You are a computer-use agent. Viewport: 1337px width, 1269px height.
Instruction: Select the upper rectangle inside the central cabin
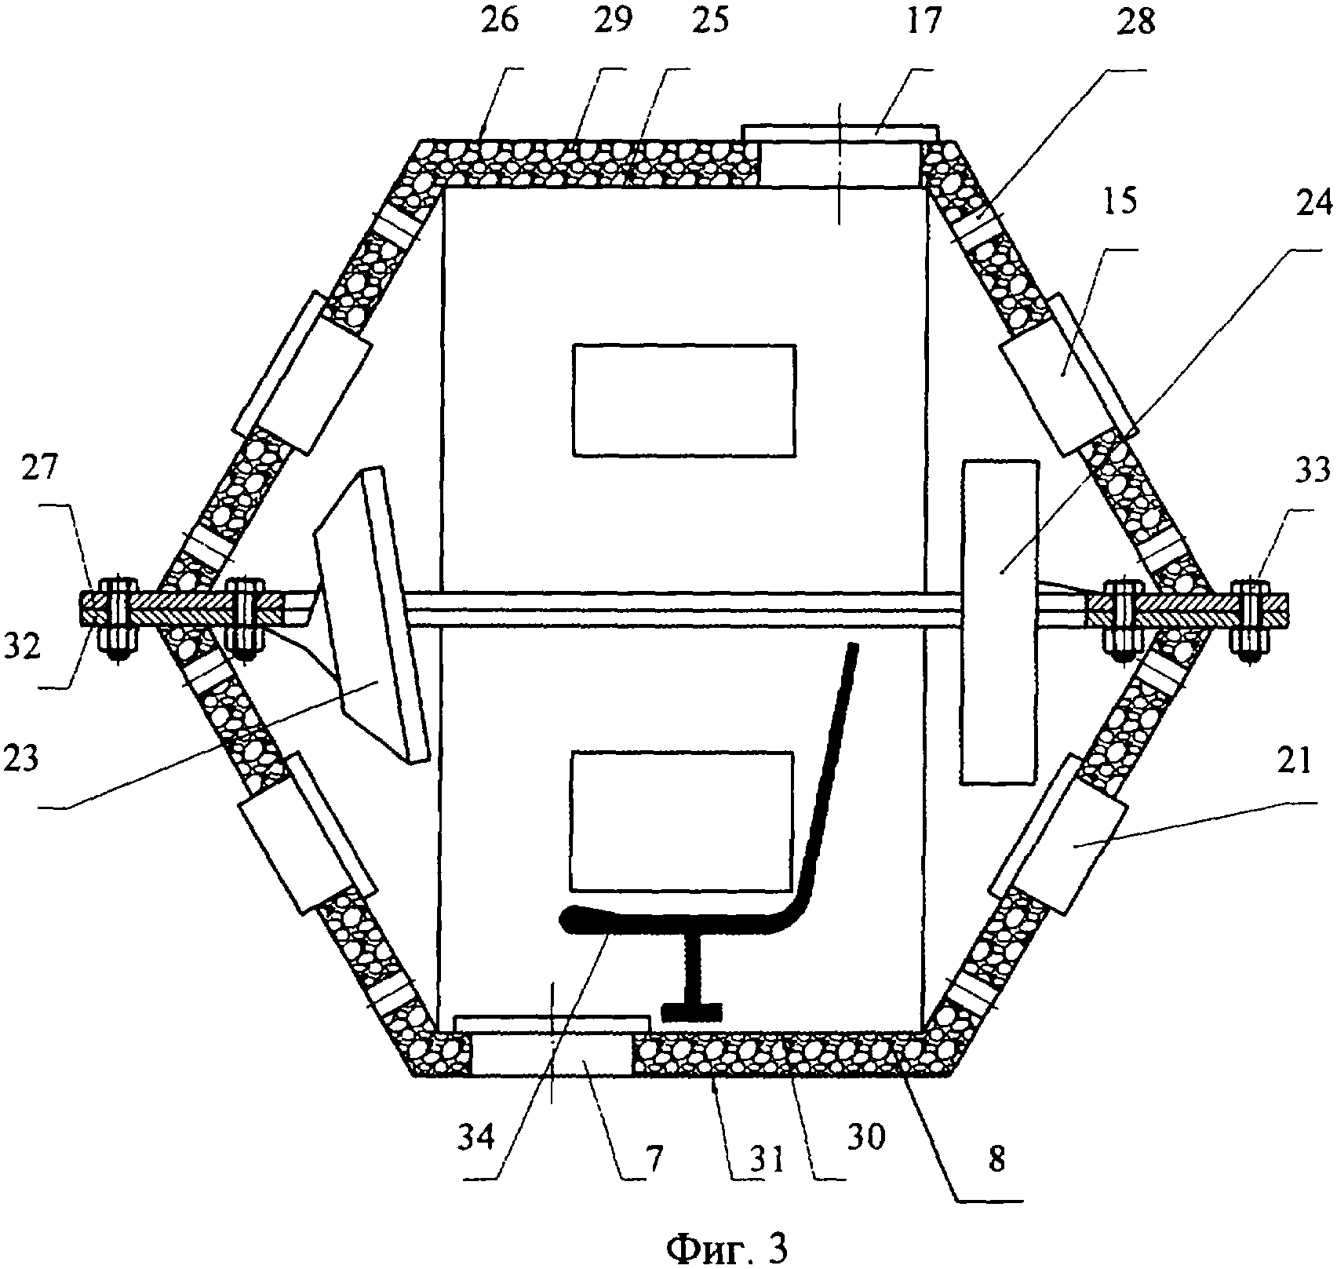683,399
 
